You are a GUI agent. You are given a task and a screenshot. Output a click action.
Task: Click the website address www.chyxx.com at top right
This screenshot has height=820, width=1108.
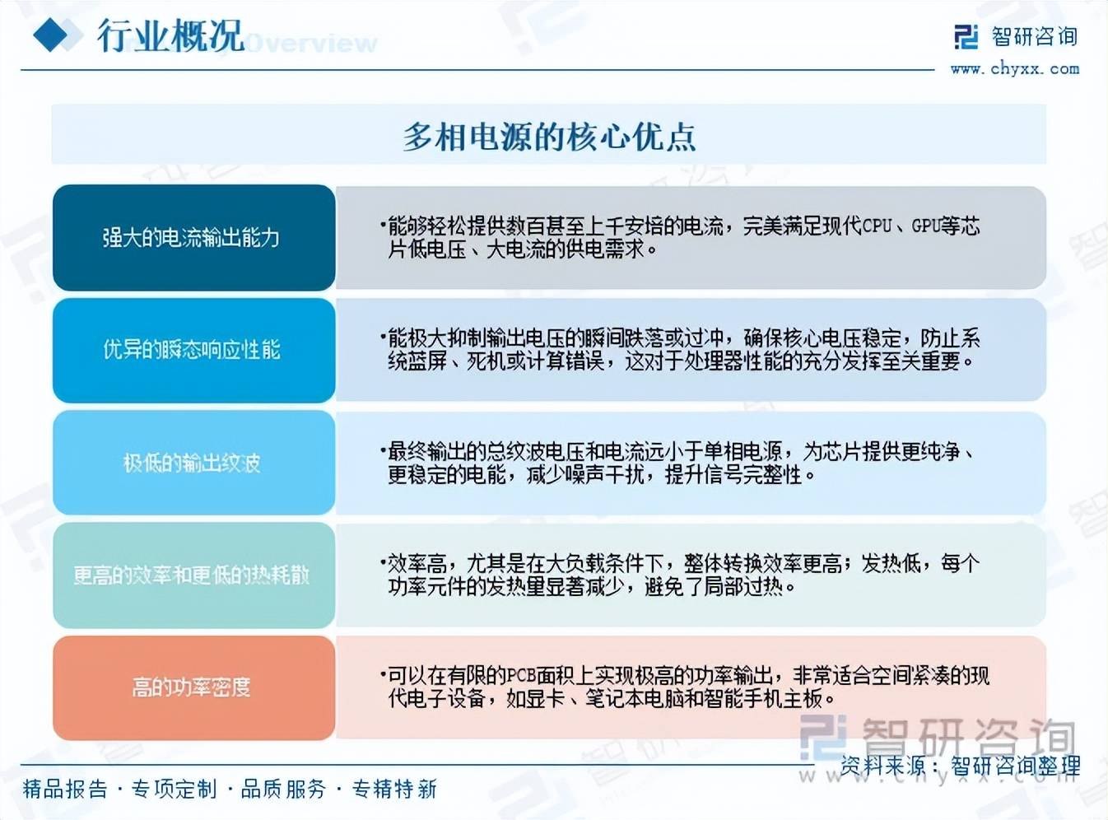point(1015,69)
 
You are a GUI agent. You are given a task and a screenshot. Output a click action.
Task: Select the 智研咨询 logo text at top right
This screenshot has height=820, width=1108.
point(1034,37)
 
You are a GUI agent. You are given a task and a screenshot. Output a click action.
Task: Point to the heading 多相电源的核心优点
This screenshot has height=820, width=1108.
point(550,137)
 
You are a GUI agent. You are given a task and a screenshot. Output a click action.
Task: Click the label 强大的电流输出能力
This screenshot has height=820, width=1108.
point(191,237)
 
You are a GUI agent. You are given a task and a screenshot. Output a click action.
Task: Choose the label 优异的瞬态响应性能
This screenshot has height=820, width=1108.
point(192,349)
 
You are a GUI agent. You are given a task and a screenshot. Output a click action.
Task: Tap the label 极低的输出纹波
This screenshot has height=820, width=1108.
point(192,463)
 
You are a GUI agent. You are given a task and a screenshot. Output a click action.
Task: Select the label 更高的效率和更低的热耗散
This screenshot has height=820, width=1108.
point(192,575)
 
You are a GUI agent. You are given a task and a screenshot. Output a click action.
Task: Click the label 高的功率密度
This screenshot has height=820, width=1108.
point(191,687)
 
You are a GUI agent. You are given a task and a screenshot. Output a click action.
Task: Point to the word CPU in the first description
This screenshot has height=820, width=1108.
point(878,226)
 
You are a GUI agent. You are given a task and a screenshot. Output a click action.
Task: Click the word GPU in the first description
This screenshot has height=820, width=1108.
point(927,226)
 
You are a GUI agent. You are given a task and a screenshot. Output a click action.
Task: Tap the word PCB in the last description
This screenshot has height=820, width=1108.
point(522,676)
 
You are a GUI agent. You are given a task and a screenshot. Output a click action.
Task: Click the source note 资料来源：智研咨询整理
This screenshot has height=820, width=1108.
point(960,766)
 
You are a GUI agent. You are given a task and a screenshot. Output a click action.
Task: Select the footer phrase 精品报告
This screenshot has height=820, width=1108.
point(65,790)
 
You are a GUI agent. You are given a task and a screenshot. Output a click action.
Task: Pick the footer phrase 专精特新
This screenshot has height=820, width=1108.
point(394,790)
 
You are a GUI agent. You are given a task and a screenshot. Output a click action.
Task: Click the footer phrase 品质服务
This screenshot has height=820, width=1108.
point(283,790)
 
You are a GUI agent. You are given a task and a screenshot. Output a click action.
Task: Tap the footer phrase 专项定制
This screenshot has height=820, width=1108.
point(174,790)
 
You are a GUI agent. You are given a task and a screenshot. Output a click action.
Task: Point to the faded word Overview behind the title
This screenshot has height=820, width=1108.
point(310,44)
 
